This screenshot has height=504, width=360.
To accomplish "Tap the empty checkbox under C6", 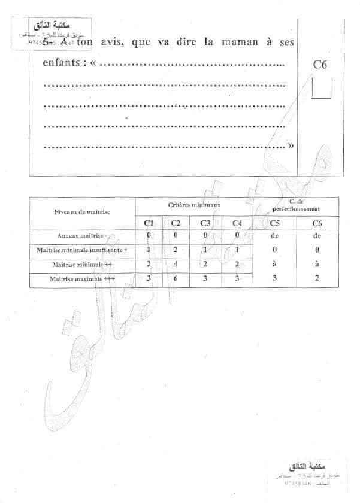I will click(x=322, y=89).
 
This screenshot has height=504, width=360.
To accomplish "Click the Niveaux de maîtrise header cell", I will click(x=82, y=212).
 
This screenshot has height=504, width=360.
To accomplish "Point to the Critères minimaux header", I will click(x=195, y=205).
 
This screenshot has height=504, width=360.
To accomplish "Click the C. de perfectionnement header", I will click(x=295, y=205).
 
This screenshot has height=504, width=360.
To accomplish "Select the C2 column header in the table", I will click(x=176, y=223).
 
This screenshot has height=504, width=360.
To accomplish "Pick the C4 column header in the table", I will click(x=237, y=223).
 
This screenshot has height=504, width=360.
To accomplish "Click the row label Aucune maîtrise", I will click(x=82, y=236).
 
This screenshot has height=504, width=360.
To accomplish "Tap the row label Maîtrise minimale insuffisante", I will click(x=82, y=250).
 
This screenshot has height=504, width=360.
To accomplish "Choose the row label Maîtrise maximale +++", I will click(x=82, y=278).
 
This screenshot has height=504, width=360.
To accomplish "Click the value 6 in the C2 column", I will click(x=176, y=278).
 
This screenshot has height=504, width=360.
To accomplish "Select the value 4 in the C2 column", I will click(x=176, y=264).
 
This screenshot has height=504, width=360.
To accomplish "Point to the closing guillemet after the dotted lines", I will click(x=291, y=145).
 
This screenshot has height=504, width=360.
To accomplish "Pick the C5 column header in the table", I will click(x=275, y=223).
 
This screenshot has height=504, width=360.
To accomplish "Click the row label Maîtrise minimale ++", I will click(x=82, y=264).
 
